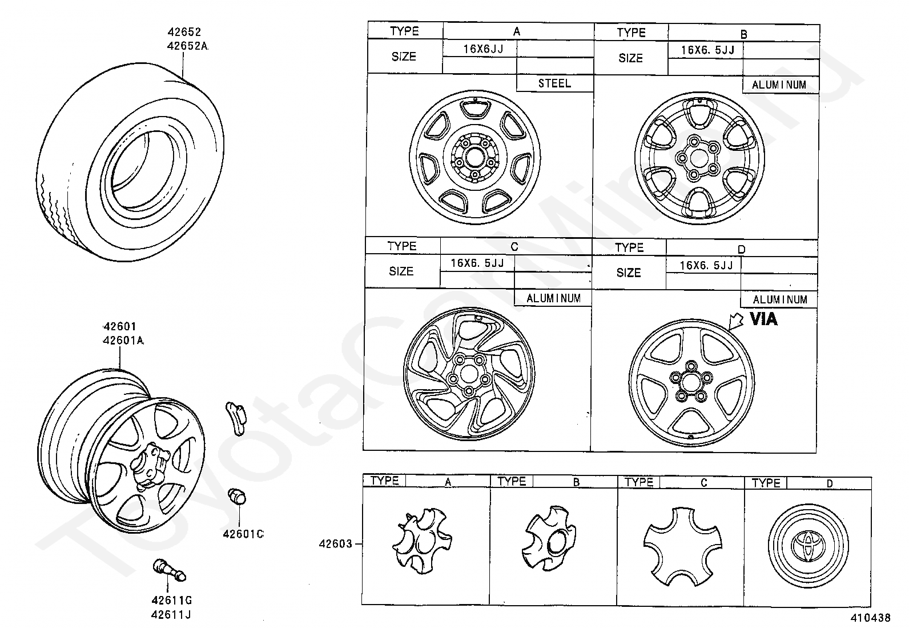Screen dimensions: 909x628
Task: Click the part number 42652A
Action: pyautogui.click(x=188, y=46)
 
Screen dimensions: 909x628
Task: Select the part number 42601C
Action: pyautogui.click(x=243, y=534)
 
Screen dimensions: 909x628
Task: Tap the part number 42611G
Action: pyautogui.click(x=171, y=601)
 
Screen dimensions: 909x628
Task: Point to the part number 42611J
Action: pyautogui.click(x=171, y=615)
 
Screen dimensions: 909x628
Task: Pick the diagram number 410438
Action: pyautogui.click(x=870, y=618)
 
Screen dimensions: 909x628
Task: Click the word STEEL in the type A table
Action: pyautogui.click(x=554, y=83)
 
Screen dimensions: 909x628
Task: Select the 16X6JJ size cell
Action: pyautogui.click(x=483, y=49)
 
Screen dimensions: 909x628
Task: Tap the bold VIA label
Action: pyautogui.click(x=763, y=319)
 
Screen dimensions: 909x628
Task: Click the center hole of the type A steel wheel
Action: pyautogui.click(x=473, y=157)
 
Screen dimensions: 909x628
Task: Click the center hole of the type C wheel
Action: pyautogui.click(x=469, y=374)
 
